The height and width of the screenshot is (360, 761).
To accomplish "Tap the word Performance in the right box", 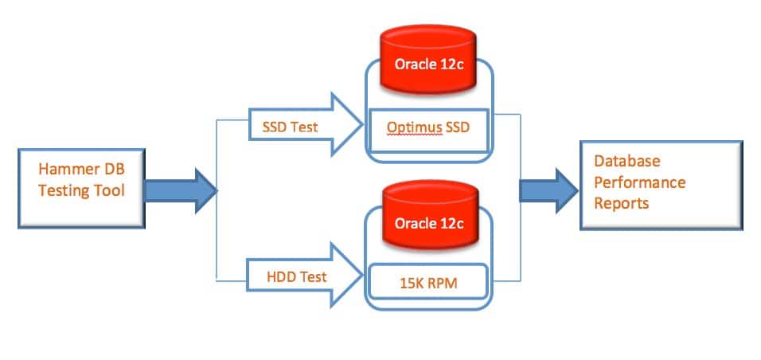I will click(640, 182).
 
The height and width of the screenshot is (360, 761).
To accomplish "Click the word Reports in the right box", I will click(621, 203).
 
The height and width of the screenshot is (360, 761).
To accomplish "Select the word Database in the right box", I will click(627, 162).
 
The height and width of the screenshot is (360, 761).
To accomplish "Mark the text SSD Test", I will click(290, 126).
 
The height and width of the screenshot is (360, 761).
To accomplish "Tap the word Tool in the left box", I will click(111, 190).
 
